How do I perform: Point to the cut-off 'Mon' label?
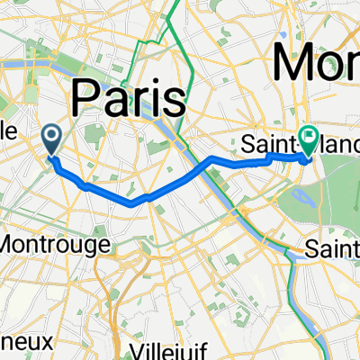pyautogui.click(x=316, y=63)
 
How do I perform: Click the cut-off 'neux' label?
pyautogui.click(x=23, y=341)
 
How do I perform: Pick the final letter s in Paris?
pyautogui.click(x=175, y=96)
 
